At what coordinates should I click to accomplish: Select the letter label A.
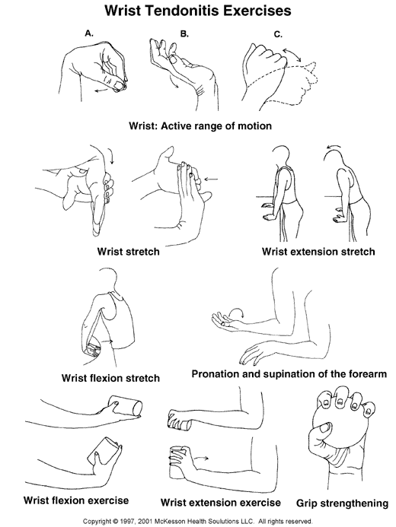(89, 33)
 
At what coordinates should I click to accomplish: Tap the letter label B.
(184, 33)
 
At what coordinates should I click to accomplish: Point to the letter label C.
(278, 34)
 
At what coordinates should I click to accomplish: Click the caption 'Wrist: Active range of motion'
(200, 125)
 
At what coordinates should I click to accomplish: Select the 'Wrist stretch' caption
(128, 252)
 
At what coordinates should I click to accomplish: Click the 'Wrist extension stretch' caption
(318, 252)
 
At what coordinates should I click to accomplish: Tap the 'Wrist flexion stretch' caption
(110, 378)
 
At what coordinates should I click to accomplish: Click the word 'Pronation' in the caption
(214, 373)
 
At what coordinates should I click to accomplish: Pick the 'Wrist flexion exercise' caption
(76, 500)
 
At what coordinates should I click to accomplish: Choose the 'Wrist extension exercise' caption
(220, 503)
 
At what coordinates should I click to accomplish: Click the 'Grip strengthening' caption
(342, 503)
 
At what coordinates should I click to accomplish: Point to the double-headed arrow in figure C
(292, 55)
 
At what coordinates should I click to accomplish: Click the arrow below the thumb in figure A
(102, 90)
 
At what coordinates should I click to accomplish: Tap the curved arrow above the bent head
(334, 147)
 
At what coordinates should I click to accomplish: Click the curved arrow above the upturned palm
(236, 311)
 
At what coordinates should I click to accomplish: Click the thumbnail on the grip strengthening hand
(324, 428)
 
